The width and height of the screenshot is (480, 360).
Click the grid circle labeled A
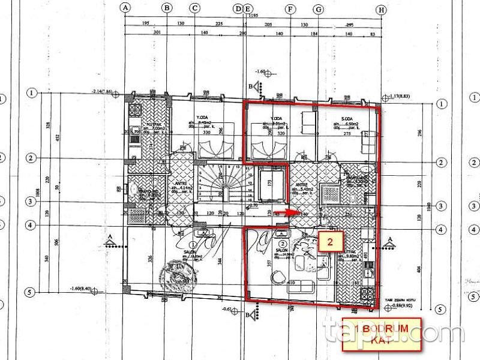125,8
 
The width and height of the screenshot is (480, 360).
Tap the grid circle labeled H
380,9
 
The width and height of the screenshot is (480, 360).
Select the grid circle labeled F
291,9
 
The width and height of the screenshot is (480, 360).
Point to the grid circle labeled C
194,8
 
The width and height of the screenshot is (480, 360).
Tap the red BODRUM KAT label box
383,334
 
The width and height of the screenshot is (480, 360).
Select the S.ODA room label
343,119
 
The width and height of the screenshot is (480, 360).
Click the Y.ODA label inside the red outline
276,119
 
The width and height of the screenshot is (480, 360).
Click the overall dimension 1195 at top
253,14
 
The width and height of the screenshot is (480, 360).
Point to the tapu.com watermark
393,330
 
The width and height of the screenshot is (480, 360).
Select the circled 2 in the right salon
281,244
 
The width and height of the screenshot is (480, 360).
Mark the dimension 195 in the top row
146,23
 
